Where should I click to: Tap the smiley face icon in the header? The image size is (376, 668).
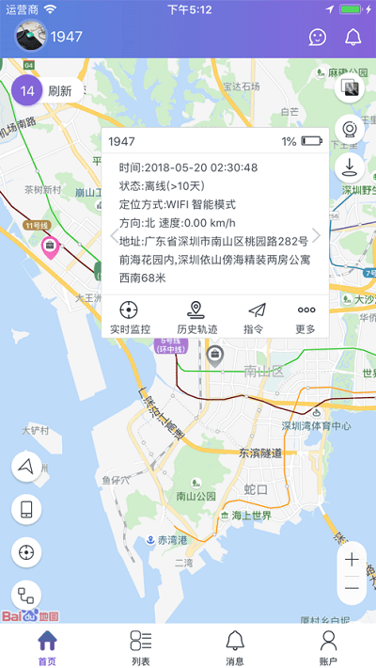tap(319, 38)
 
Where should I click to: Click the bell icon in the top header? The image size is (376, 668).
tap(353, 38)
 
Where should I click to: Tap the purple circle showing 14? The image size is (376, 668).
tap(28, 91)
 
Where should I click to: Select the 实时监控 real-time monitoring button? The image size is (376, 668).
tap(130, 317)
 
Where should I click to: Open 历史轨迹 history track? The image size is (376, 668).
tap(196, 317)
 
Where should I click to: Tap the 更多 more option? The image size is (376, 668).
tap(306, 317)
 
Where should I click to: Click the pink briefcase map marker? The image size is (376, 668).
tap(49, 247)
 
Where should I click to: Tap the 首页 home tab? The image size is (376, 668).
tap(47, 647)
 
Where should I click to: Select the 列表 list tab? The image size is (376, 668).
tap(141, 647)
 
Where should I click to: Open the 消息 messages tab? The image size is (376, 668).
tap(235, 647)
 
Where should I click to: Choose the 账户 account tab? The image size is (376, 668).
tap(328, 647)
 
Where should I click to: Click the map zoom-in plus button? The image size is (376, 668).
tap(352, 560)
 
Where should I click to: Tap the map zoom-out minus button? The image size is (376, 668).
tap(352, 589)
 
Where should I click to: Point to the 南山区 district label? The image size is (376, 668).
tap(263, 370)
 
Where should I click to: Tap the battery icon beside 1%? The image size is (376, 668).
tap(312, 142)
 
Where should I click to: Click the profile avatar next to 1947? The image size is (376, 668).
tap(30, 38)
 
